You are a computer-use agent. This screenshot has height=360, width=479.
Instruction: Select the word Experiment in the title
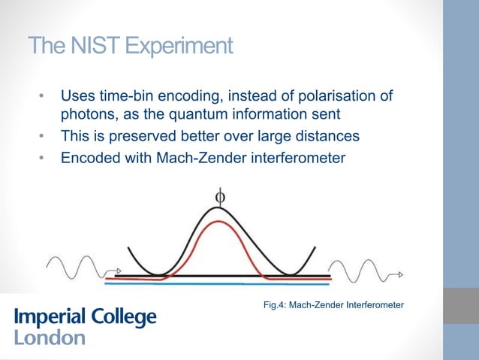178,47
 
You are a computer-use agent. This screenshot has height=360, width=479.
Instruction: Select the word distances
330,138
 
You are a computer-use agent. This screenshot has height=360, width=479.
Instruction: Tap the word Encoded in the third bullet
88,158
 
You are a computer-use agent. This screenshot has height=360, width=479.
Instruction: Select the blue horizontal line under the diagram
218,284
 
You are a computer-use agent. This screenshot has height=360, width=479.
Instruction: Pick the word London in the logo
49,338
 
